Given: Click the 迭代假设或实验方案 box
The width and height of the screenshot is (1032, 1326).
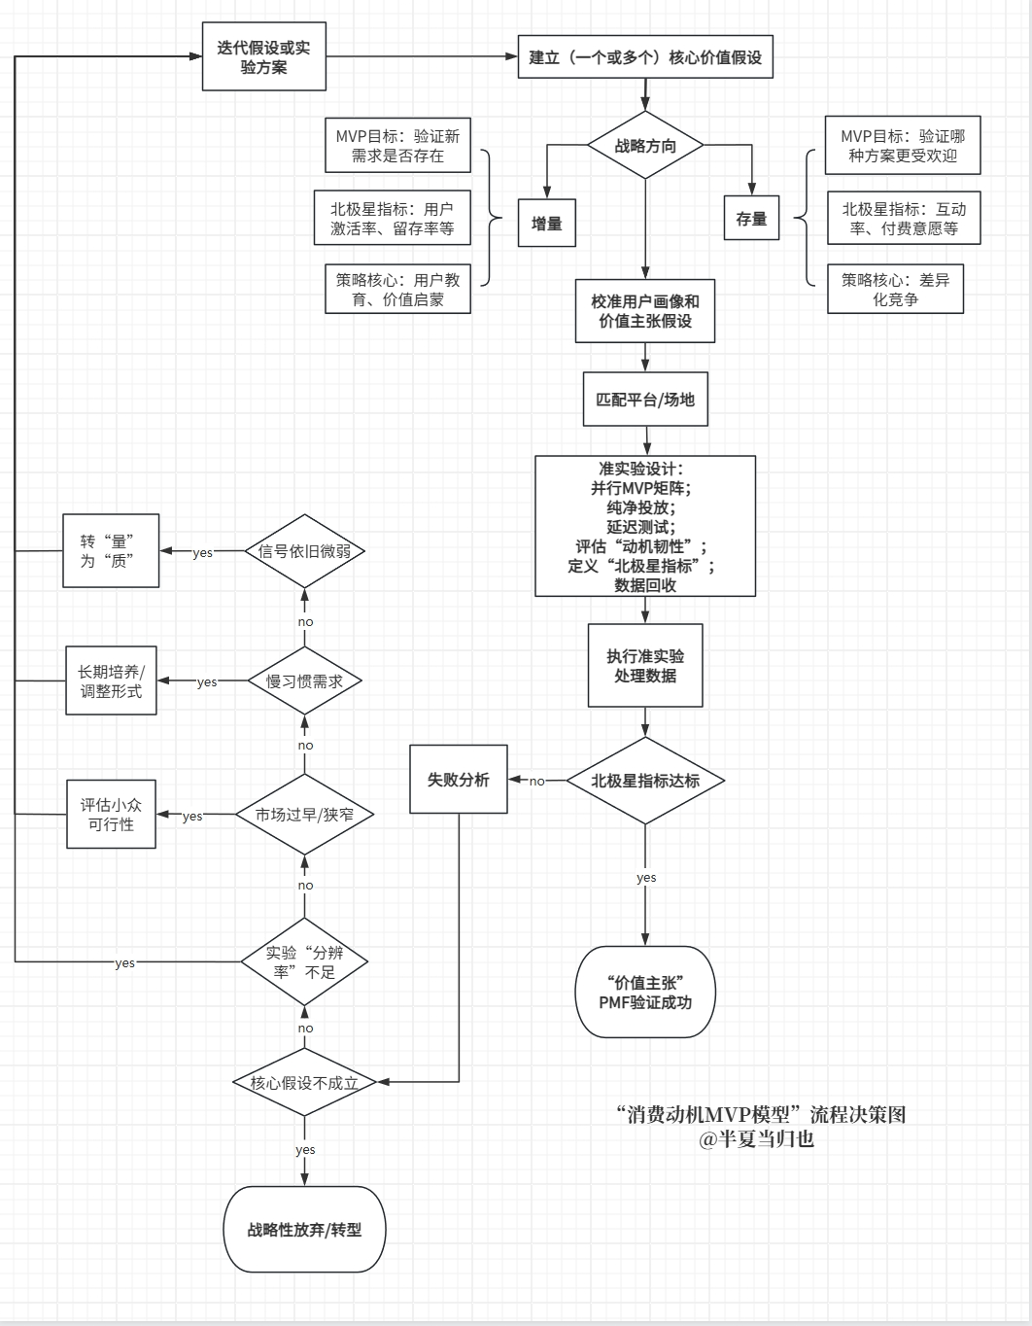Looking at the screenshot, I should (264, 57).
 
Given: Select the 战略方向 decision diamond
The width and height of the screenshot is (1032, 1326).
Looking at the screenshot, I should (645, 146).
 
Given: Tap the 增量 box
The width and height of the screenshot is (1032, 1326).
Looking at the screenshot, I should (547, 223).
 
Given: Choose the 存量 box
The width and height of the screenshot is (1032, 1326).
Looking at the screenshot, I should (751, 218).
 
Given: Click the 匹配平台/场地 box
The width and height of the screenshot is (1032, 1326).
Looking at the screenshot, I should (645, 399).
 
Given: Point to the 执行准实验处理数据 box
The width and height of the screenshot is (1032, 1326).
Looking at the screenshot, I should (645, 665).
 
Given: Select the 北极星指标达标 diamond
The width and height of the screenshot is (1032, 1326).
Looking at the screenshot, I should (645, 780).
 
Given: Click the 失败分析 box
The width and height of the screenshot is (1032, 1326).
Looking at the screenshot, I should (459, 779).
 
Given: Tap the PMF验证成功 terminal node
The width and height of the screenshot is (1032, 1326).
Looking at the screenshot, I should (645, 992).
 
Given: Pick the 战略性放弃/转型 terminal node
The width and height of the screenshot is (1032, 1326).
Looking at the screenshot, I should (305, 1229).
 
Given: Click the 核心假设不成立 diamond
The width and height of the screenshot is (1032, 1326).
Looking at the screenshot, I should (304, 1082).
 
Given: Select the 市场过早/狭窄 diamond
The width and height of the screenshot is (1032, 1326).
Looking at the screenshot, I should (304, 814).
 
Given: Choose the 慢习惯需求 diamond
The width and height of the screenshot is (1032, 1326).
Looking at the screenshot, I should (304, 680).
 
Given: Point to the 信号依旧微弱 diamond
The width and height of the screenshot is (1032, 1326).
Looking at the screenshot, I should (304, 551).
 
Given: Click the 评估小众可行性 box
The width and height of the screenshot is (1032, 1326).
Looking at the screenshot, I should (111, 814).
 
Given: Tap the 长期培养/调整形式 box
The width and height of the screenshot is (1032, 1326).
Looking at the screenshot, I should (111, 680).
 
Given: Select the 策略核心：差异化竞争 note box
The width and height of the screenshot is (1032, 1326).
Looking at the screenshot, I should (895, 289).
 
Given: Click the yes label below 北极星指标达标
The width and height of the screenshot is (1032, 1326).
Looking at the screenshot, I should (646, 878).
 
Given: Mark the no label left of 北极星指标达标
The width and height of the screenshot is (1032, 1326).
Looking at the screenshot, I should (537, 781).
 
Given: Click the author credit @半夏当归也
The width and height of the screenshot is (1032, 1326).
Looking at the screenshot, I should (756, 1139).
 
